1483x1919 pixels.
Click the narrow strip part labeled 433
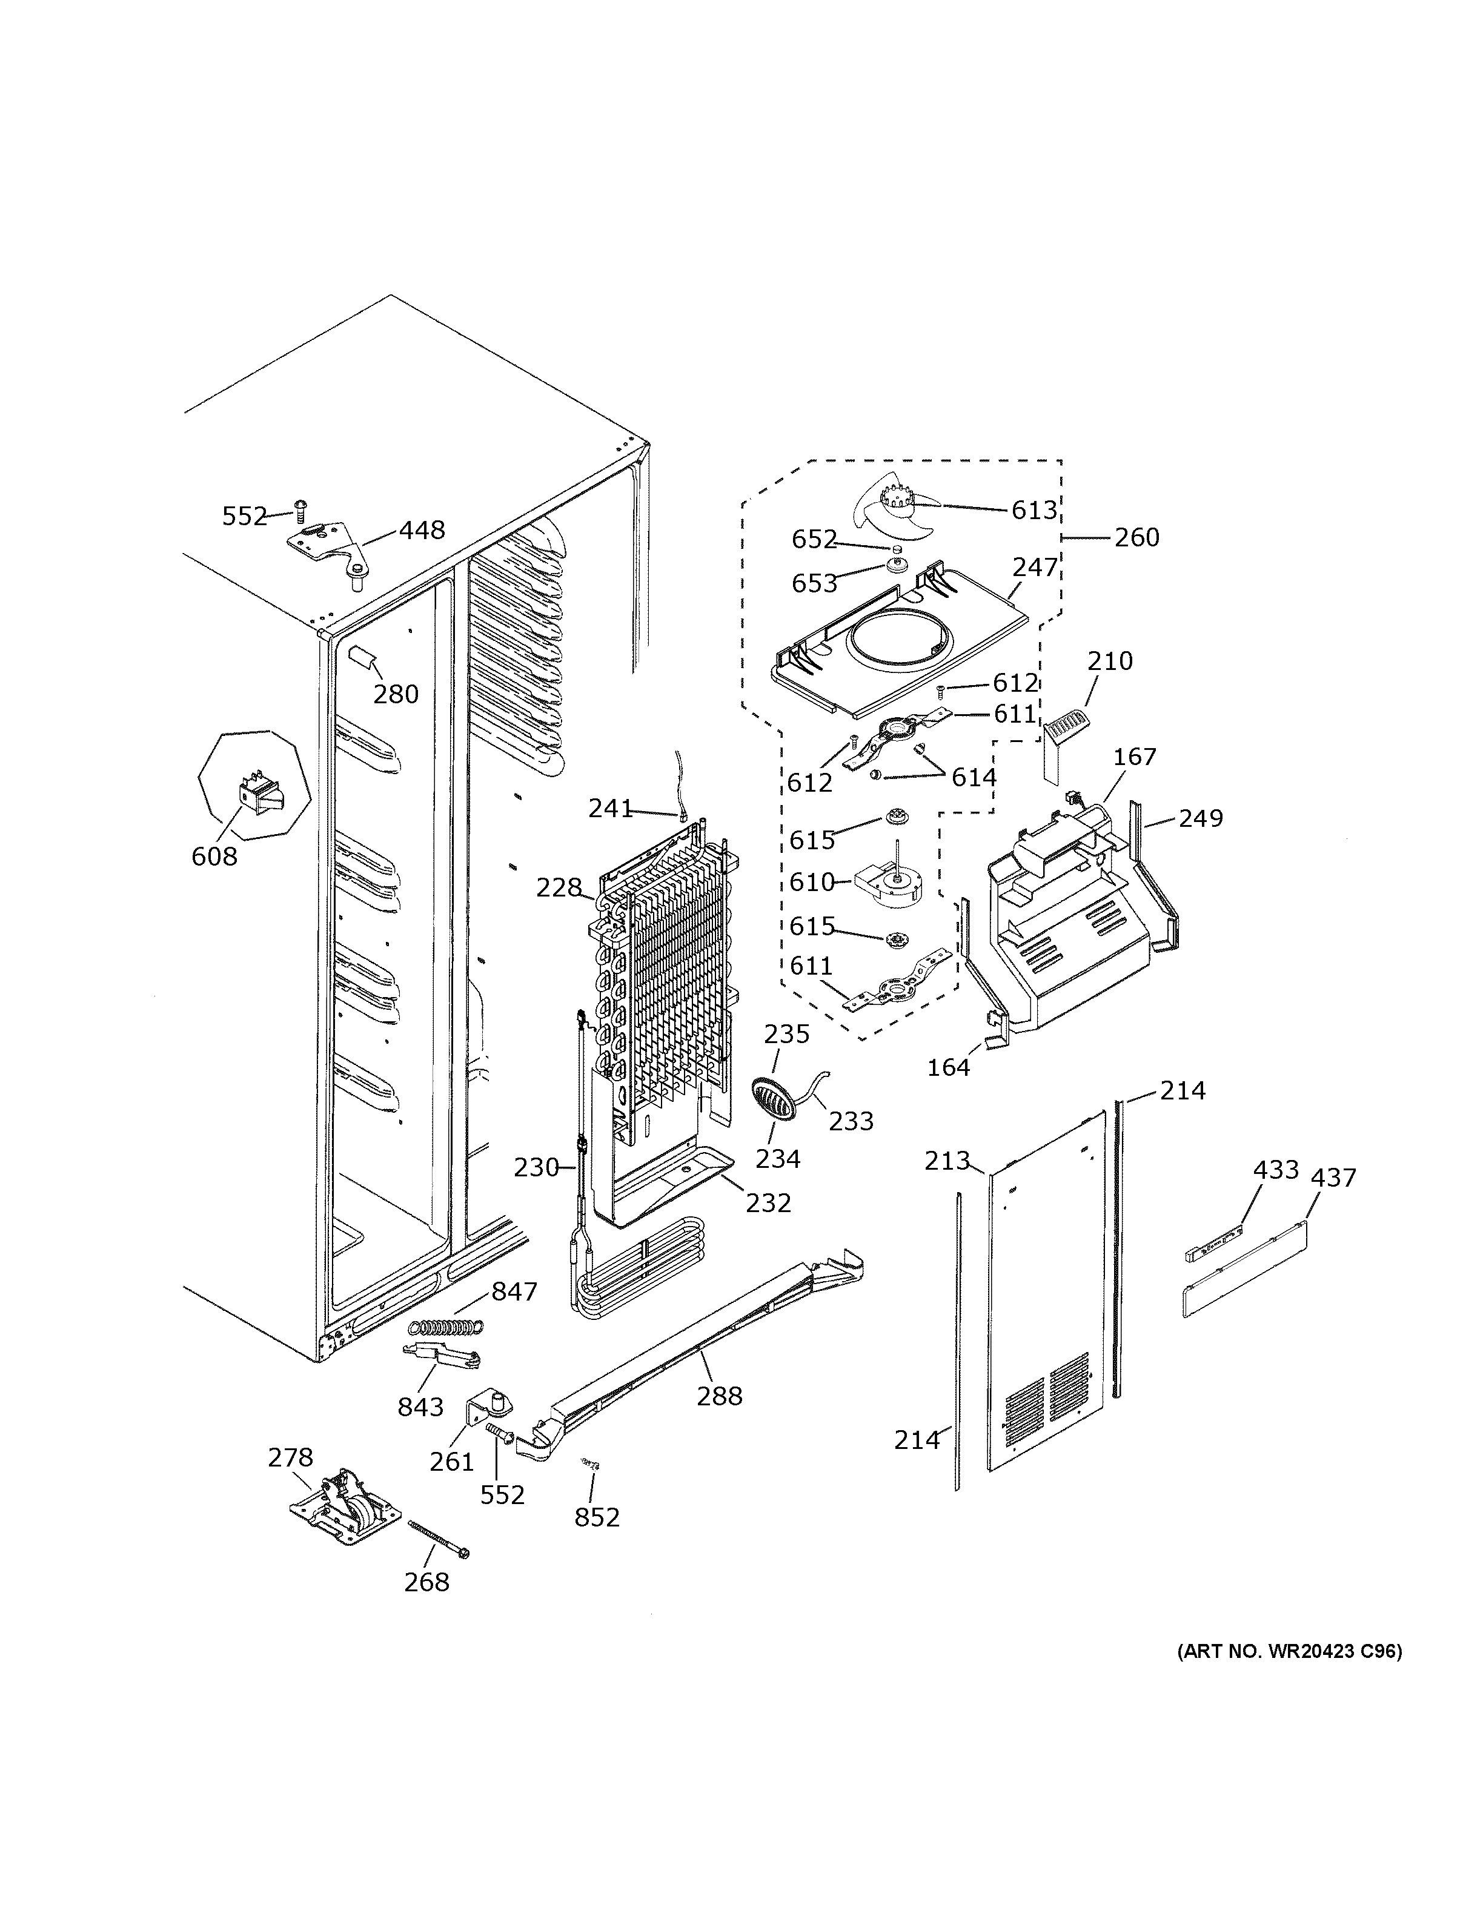1217,1245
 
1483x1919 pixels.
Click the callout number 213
946,1162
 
